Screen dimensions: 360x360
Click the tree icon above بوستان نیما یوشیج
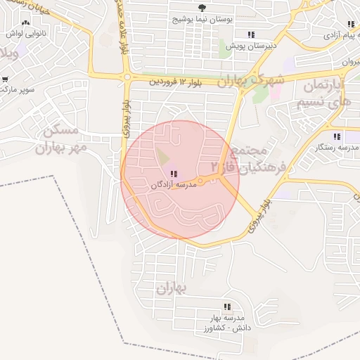pyautogui.click(x=203, y=6)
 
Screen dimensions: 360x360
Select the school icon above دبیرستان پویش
pyautogui.click(x=250, y=34)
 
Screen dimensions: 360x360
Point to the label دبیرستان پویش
pyautogui.click(x=250, y=46)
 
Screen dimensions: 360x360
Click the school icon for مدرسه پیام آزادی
pyautogui.click(x=351, y=24)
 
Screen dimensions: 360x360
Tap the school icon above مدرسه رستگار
pyautogui.click(x=337, y=136)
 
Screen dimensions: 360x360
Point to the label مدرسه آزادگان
pyautogui.click(x=172, y=185)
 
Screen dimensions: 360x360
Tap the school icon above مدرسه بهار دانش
pyautogui.click(x=227, y=307)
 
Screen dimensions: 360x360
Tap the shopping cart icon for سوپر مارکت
pyautogui.click(x=5, y=79)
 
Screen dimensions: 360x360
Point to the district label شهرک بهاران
pyautogui.click(x=250, y=79)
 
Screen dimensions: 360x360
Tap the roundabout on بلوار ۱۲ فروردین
pyautogui.click(x=127, y=77)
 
